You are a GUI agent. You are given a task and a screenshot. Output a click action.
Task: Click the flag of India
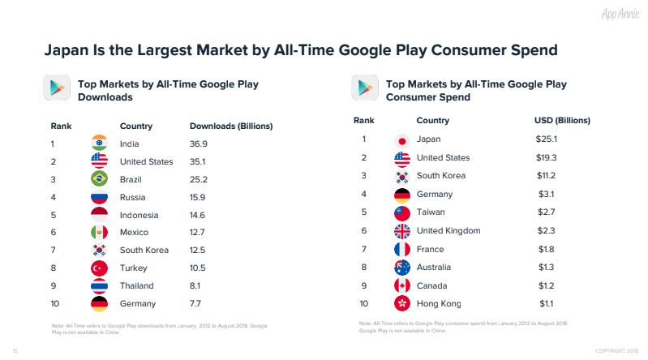click(100, 144)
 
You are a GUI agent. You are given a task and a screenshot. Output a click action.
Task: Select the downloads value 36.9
click(199, 144)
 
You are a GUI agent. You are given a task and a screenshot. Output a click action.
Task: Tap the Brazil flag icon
click(100, 179)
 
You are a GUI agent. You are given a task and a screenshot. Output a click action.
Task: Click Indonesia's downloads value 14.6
click(199, 215)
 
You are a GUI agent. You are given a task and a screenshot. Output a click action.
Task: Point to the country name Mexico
click(135, 233)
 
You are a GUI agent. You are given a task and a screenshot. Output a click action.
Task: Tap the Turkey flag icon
click(100, 268)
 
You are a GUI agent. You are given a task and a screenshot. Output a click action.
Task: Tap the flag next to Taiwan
click(401, 212)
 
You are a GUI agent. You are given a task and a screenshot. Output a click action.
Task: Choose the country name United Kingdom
click(448, 230)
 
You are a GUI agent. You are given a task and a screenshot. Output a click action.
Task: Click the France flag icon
click(401, 248)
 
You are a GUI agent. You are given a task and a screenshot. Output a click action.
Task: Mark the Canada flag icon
click(401, 285)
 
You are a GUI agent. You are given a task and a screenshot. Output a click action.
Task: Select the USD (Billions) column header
click(561, 120)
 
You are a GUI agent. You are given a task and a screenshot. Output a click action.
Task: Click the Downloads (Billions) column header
click(230, 126)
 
